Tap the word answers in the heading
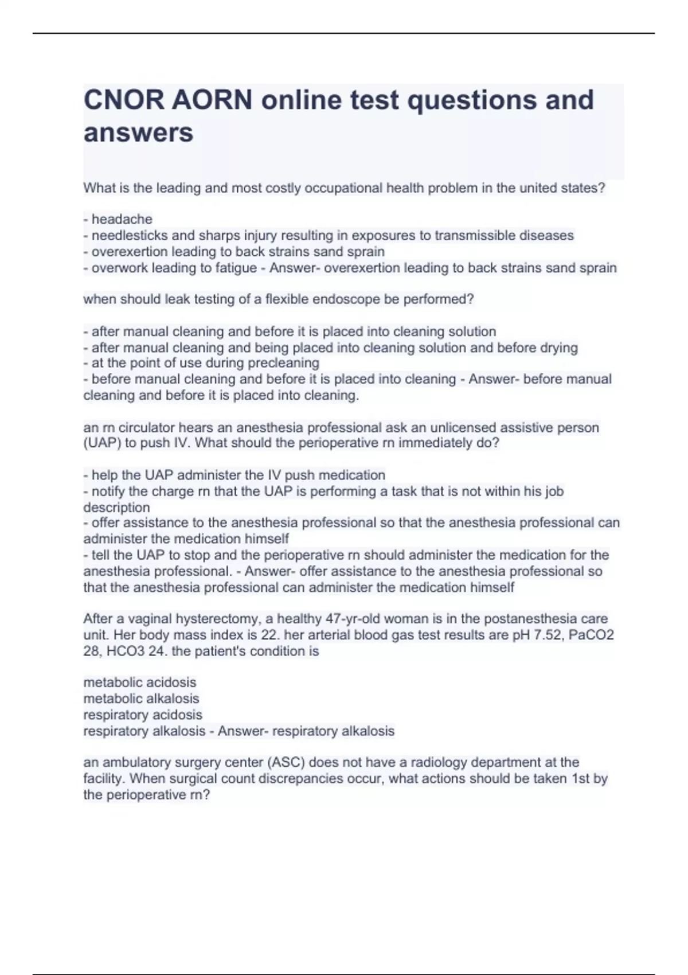pos(138,132)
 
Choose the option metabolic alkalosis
pos(141,699)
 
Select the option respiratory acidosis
pos(143,715)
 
